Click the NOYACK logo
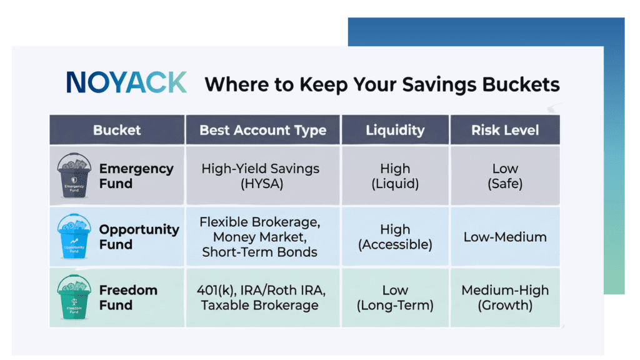click(x=126, y=82)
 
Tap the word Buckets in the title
click(x=521, y=84)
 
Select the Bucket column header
click(x=117, y=130)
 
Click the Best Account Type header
click(x=263, y=130)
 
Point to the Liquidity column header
click(x=395, y=130)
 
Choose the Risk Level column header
click(x=505, y=130)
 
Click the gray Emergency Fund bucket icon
click(x=74, y=176)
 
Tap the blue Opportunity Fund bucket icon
click(x=74, y=236)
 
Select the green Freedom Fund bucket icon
click(x=74, y=297)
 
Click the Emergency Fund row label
click(x=136, y=176)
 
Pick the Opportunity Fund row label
click(x=139, y=237)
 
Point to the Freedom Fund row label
click(x=128, y=297)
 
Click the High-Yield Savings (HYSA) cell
click(x=263, y=176)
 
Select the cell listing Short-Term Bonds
click(x=263, y=237)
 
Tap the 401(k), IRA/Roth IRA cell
click(x=263, y=297)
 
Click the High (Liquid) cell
click(x=395, y=176)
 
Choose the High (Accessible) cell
click(x=395, y=237)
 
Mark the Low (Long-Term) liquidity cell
click(x=395, y=297)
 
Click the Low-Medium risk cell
click(x=505, y=237)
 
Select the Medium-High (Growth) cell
click(x=505, y=297)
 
